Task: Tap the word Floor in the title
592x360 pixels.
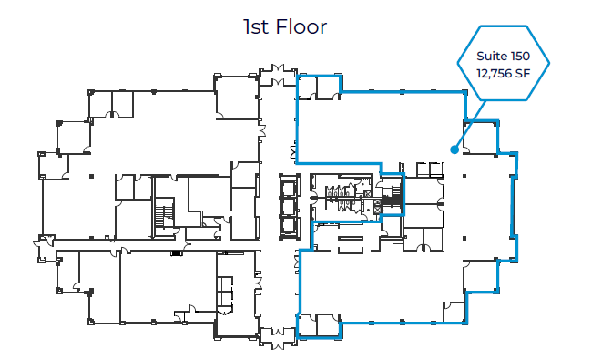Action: tap(302, 26)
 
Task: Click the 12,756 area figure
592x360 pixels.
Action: tap(492, 73)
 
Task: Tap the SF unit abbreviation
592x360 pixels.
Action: tap(524, 73)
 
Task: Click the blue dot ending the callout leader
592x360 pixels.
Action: tap(453, 149)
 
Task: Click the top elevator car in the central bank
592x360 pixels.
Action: tap(288, 187)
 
